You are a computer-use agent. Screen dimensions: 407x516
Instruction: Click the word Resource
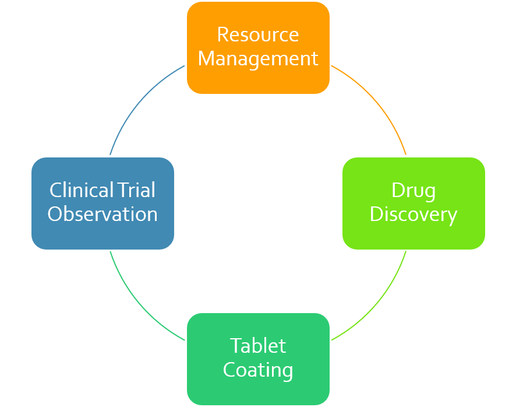258,34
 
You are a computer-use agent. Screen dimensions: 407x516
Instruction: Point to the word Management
258,59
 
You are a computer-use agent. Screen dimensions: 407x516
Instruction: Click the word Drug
413,191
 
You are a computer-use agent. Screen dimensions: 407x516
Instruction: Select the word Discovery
413,215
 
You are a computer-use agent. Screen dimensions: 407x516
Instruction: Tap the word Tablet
258,346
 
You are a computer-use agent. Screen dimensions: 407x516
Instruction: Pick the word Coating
258,370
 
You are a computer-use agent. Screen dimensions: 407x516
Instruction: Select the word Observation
103,214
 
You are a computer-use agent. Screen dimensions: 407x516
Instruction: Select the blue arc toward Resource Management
137,103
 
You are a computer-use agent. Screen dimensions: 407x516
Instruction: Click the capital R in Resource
222,34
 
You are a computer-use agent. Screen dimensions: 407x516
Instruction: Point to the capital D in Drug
397,190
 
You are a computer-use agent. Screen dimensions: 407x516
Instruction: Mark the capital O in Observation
55,214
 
